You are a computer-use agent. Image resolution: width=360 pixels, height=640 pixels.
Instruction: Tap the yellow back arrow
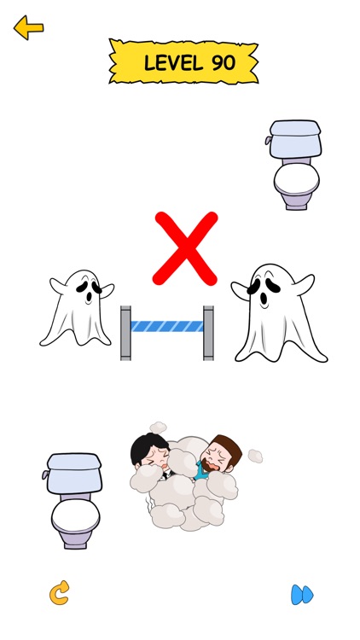coord(28,28)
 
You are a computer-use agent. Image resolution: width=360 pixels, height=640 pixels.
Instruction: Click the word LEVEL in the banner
coord(171,62)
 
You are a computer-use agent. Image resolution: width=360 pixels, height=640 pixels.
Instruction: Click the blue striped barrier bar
coord(167,326)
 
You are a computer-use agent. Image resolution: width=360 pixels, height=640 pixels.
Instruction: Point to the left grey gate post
coord(125,333)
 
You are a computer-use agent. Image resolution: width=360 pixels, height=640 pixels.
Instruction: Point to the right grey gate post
coord(208,333)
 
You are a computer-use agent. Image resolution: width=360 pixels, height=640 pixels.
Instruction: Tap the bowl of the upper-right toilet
coord(296,182)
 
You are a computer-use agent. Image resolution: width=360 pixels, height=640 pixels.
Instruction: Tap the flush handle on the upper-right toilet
coord(270,139)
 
